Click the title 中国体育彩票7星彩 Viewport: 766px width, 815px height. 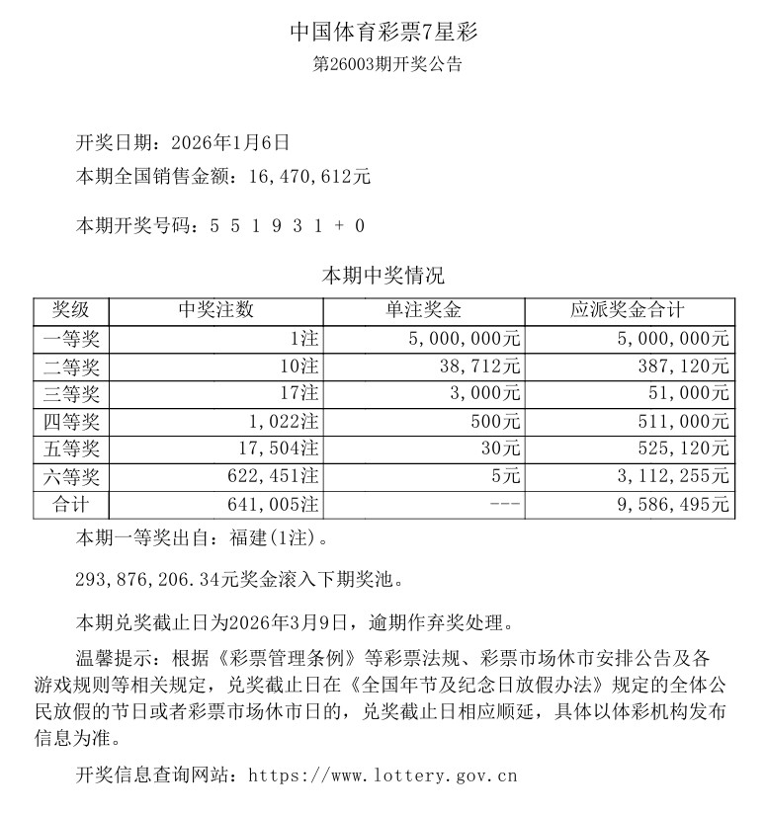383,32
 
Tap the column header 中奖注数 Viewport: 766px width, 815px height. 215,310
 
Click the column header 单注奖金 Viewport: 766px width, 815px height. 423,310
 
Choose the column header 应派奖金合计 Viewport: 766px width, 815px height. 628,310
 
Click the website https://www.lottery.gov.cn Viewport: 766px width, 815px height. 382,775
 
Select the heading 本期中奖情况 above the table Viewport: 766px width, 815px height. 383,276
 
